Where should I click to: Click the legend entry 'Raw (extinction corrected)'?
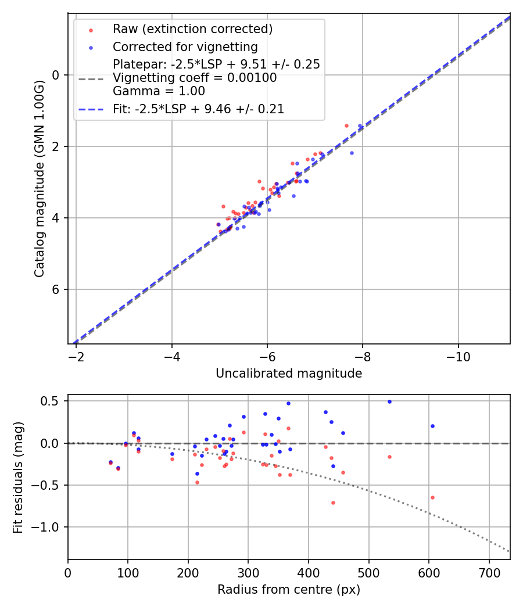[192, 29]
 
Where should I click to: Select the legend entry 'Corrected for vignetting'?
[185, 46]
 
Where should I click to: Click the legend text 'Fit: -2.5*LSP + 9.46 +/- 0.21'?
[198, 109]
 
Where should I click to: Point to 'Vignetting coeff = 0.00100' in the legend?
[195, 78]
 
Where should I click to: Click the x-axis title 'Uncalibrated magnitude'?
[289, 374]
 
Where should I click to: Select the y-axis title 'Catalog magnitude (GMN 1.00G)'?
[40, 178]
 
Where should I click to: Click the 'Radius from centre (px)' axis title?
[289, 590]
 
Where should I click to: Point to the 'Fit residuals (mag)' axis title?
[18, 477]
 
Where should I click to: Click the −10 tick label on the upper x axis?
[458, 354]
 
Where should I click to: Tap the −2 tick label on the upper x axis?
[76, 354]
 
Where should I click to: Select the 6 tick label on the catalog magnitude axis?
[56, 289]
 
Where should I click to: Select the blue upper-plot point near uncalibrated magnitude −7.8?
[352, 153]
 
